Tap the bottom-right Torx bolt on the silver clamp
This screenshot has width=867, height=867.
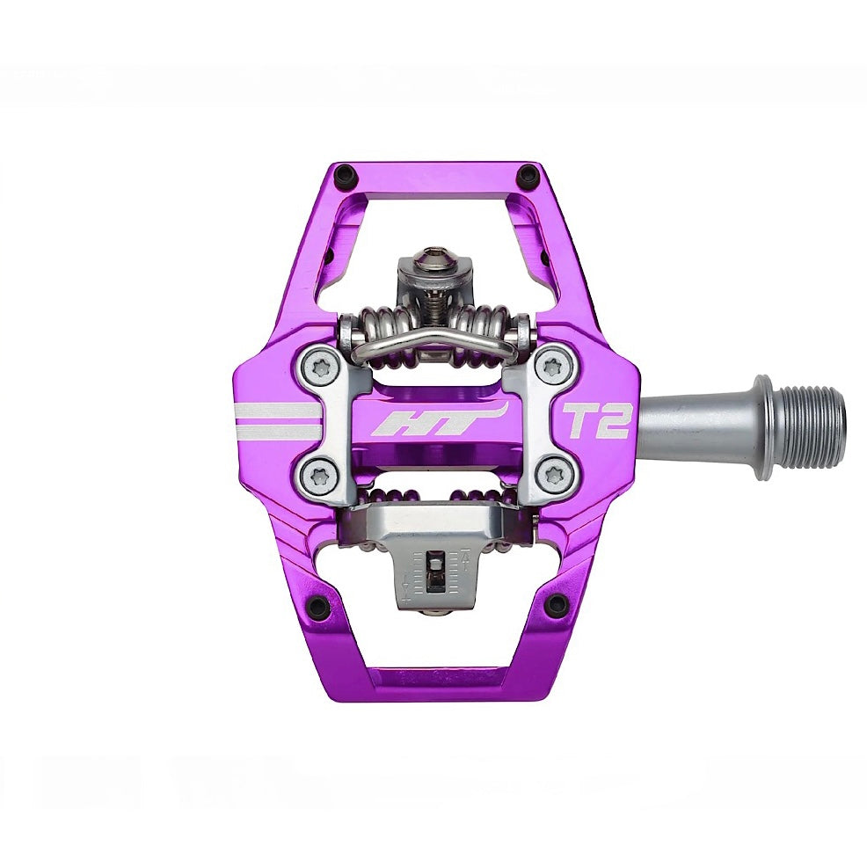pyautogui.click(x=552, y=475)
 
